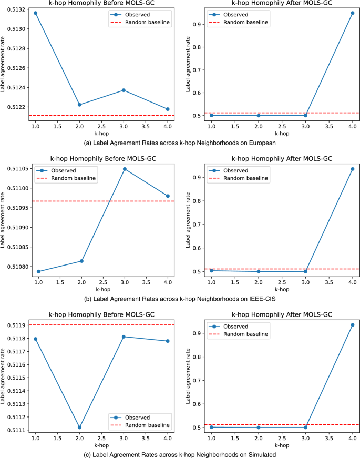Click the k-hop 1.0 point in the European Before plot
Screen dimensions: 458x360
tap(35, 13)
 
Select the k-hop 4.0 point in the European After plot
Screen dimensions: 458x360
tap(352, 13)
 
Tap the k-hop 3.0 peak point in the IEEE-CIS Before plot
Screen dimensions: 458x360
tap(124, 169)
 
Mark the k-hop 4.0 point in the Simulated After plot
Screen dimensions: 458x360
tap(352, 325)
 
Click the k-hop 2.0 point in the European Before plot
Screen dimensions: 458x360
tap(79, 105)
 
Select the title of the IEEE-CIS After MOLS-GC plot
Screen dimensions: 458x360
tap(282, 159)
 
